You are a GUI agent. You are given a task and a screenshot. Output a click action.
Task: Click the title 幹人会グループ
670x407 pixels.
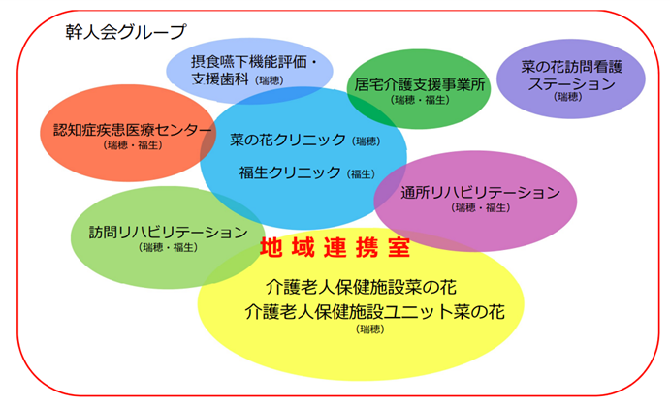click(x=126, y=32)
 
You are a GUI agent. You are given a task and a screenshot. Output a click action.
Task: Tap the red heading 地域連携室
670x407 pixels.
click(x=335, y=248)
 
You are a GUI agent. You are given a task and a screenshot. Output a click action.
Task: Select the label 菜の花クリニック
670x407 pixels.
click(x=288, y=140)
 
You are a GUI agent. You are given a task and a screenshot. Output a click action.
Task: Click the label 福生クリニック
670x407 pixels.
click(x=290, y=172)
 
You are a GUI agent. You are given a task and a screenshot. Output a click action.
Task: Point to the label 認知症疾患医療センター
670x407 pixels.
click(x=133, y=130)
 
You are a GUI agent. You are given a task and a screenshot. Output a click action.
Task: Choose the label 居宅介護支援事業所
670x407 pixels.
click(x=420, y=85)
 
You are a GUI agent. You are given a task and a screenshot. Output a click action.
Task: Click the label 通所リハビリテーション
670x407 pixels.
click(x=480, y=193)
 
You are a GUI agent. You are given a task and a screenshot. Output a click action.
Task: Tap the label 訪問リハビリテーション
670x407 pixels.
click(x=169, y=232)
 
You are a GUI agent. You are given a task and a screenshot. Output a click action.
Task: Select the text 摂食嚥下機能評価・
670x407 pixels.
click(x=255, y=62)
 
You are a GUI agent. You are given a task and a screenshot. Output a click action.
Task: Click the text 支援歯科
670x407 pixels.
click(x=220, y=79)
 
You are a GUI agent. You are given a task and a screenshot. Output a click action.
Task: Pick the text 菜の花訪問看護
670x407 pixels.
click(x=572, y=67)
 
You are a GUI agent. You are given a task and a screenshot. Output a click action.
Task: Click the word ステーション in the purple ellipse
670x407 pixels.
click(x=571, y=83)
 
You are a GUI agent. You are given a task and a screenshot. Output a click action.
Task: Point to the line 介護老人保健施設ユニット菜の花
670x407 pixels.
click(x=374, y=312)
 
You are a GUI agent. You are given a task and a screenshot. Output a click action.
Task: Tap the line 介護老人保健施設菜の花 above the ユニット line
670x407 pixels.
click(x=361, y=287)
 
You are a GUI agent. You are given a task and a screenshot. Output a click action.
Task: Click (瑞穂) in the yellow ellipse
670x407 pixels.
click(x=370, y=329)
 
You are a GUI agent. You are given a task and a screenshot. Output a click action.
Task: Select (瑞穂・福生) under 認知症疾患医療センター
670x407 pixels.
click(x=133, y=145)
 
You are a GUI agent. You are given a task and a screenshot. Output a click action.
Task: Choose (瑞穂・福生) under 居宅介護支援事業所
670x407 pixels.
click(x=420, y=100)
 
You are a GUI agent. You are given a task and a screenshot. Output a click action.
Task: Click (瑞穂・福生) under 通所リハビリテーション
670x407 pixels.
click(x=481, y=208)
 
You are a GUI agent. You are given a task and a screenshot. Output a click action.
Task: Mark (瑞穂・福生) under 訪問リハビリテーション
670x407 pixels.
click(x=169, y=247)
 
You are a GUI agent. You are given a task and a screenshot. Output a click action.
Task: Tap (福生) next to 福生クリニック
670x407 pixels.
click(x=361, y=174)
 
